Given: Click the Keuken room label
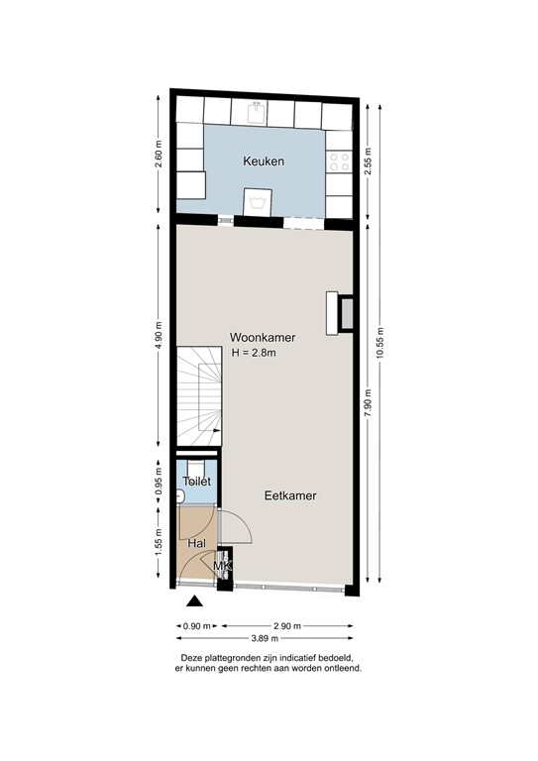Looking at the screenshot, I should [263, 161].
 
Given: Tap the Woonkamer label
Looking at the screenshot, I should [263, 337].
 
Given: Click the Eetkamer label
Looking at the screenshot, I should [290, 496].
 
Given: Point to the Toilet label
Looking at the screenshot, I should [197, 481].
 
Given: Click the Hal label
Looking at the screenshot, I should [196, 543].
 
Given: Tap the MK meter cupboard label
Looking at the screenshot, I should [223, 567].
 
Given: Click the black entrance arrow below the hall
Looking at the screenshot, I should [195, 600].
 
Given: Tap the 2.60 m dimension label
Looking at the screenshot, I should [159, 160].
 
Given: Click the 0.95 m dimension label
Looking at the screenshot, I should [159, 482].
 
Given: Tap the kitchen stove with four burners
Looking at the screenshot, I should [340, 161].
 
